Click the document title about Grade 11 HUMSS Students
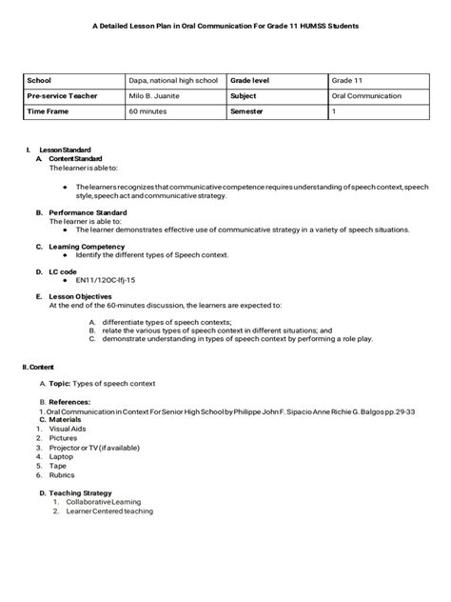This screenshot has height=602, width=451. pos(225,31)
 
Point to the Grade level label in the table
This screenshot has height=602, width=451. pos(254,82)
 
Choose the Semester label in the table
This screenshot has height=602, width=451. pos(250,112)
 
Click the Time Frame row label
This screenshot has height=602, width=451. pos(49,112)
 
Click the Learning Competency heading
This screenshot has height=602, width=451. pos(87,246)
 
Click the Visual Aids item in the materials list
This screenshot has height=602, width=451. pos(67,429)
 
